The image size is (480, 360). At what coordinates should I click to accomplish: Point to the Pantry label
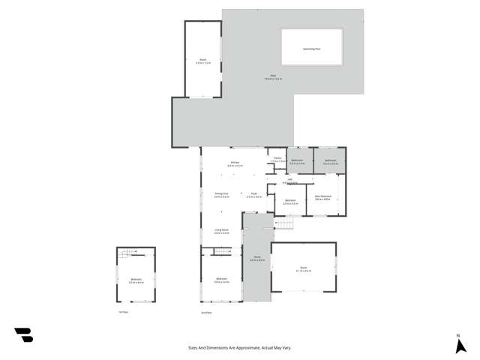click(277, 158)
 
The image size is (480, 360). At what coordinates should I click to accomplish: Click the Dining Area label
click(221, 194)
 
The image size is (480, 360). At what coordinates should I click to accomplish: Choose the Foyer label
click(253, 194)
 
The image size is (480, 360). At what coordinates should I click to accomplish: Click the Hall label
click(290, 179)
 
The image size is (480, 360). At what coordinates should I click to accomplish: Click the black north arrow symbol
click(460, 346)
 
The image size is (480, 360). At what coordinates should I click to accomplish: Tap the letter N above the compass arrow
click(458, 335)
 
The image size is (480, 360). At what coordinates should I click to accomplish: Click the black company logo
click(23, 335)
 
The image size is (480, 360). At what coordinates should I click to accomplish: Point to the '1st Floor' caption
click(123, 312)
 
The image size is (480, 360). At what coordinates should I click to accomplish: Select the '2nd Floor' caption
click(206, 312)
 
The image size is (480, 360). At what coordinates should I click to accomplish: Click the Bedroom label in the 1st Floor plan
click(136, 280)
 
